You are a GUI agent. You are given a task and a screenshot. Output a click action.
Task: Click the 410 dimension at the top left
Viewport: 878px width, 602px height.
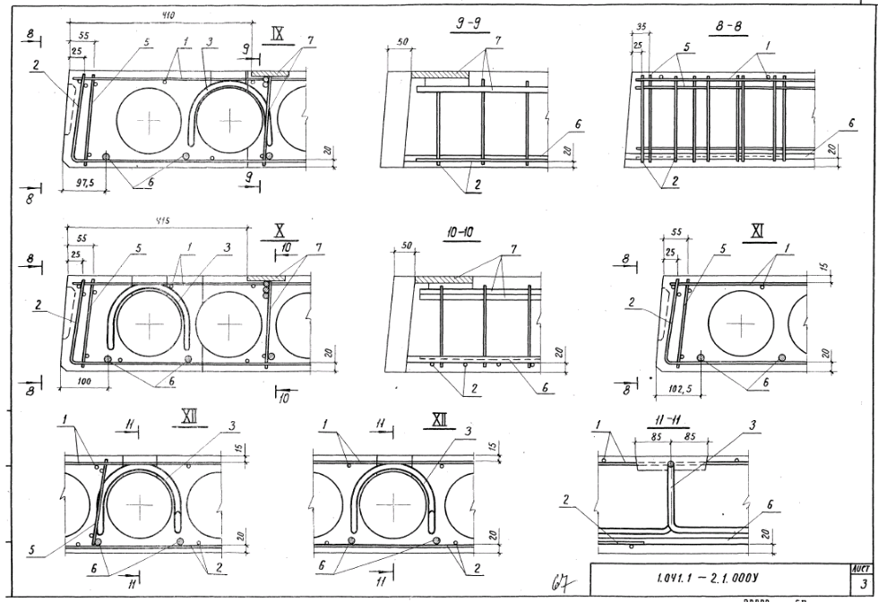168,15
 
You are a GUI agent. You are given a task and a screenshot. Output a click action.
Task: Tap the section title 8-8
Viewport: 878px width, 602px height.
733,28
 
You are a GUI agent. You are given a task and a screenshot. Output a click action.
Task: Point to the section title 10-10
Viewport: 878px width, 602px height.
458,233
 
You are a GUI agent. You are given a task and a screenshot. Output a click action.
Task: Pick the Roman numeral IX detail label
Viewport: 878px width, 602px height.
278,35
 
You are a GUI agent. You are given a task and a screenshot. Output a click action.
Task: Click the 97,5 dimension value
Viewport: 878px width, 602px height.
87,181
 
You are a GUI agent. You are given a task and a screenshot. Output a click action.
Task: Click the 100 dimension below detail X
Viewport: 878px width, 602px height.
85,382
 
